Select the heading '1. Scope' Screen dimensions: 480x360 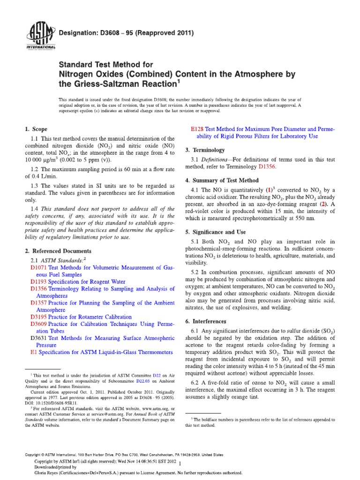[x=36, y=129]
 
